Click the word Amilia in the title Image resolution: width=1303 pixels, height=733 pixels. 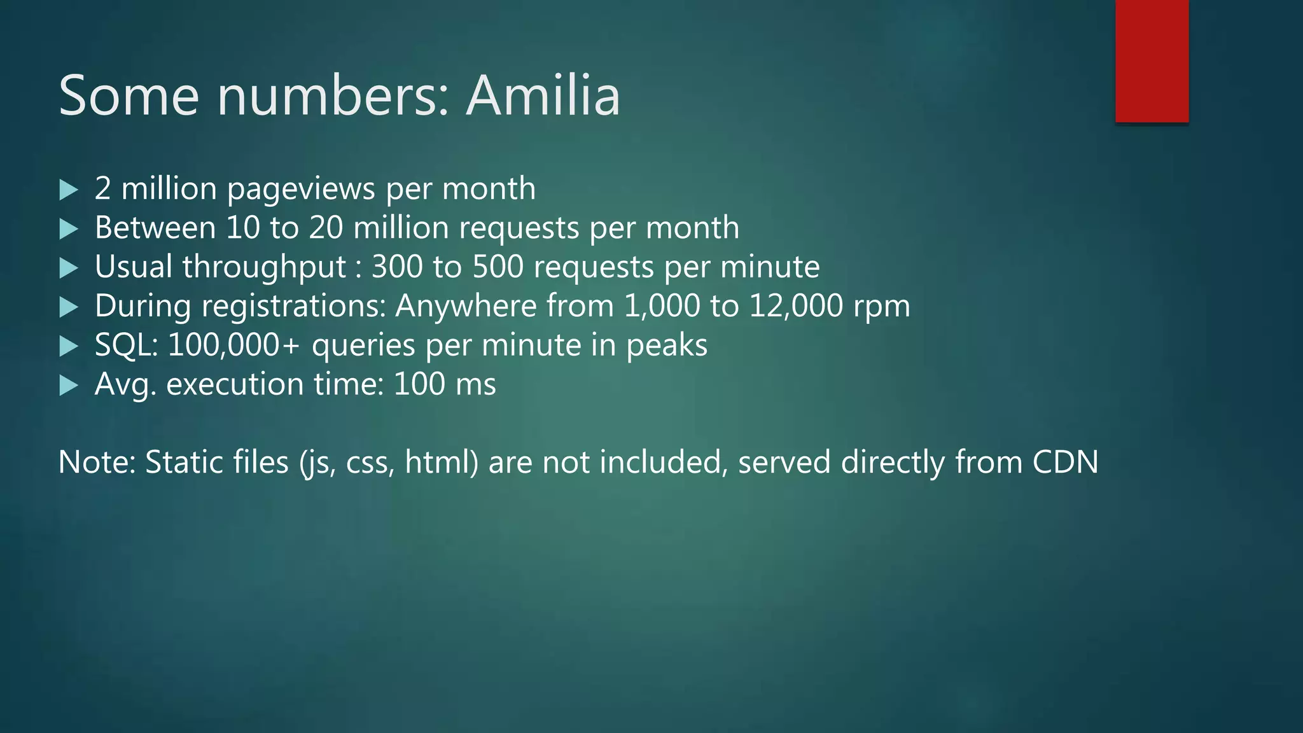pyautogui.click(x=543, y=95)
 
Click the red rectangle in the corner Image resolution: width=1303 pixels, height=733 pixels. pyautogui.click(x=1152, y=61)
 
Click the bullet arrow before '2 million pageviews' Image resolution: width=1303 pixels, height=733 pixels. pyautogui.click(x=68, y=190)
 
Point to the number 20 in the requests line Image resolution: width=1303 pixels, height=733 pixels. pyautogui.click(x=326, y=228)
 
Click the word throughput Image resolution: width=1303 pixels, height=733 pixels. pyautogui.click(x=265, y=267)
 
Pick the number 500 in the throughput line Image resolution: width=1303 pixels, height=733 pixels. pyautogui.click(x=498, y=267)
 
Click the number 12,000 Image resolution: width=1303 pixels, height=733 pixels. pyautogui.click(x=796, y=306)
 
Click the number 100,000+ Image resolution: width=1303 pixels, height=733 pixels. pyautogui.click(x=233, y=346)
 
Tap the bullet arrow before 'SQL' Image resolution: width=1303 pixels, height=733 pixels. pyautogui.click(x=68, y=346)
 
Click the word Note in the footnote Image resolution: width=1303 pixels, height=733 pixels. pyautogui.click(x=96, y=462)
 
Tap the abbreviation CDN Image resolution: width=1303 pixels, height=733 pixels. pyautogui.click(x=1065, y=462)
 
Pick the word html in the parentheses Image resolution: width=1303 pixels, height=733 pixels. pyautogui.click(x=439, y=462)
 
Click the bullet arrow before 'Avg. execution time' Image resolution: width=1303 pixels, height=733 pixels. pyautogui.click(x=68, y=385)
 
